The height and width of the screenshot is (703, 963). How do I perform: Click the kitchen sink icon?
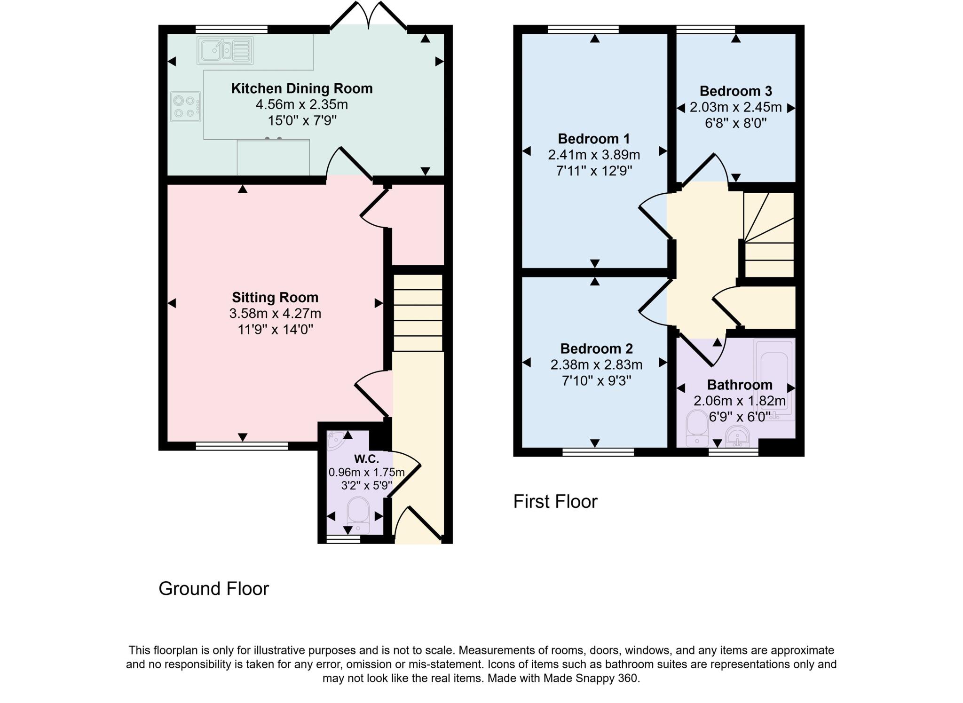coord(225,50)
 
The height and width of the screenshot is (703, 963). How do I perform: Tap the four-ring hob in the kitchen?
coord(185,106)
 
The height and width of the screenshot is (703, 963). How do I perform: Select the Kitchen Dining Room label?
coord(302,88)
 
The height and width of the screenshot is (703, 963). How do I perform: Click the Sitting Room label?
coord(275,297)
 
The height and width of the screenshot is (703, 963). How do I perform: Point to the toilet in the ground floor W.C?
coord(359,514)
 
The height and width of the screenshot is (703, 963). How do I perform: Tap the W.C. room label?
coord(366,458)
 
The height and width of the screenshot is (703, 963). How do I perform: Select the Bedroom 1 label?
coord(594,139)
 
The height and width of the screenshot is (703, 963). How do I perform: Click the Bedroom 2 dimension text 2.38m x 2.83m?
coord(596,364)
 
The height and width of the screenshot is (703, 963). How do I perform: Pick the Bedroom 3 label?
coord(735,91)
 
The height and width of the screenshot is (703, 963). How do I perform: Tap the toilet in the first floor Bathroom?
coord(697,428)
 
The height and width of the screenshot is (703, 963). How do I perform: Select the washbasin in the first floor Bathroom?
coord(737,436)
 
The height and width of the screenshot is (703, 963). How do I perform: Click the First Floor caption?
coord(555,502)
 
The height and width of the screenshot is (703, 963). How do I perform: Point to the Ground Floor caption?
coord(213,589)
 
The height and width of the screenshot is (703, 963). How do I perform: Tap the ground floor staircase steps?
coord(418,313)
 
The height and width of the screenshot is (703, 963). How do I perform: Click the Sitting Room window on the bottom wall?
coord(242,446)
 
